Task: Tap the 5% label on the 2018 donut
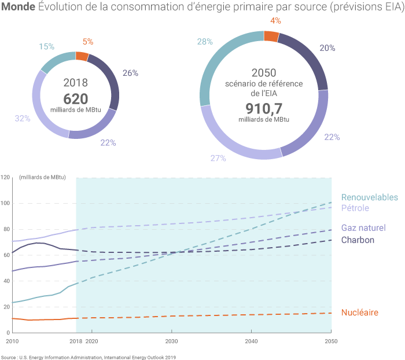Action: click(x=88, y=42)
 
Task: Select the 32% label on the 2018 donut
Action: click(x=22, y=118)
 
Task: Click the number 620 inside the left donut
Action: click(x=75, y=98)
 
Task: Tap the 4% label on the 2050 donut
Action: click(x=275, y=21)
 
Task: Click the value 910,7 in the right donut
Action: click(x=263, y=108)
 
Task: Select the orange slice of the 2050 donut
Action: click(x=271, y=36)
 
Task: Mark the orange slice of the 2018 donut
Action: click(x=82, y=56)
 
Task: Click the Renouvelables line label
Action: click(x=369, y=197)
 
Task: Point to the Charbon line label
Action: click(x=358, y=240)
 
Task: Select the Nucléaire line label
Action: click(x=359, y=313)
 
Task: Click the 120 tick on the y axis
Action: click(x=6, y=177)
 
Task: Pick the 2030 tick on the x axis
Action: click(x=171, y=341)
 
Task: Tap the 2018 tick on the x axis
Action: click(x=76, y=341)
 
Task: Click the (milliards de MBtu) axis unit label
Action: click(x=42, y=177)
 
